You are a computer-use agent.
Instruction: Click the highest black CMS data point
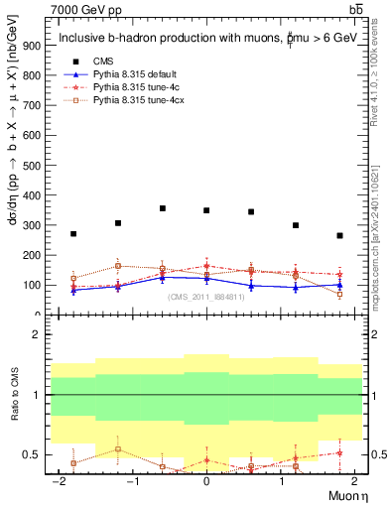pyautogui.click(x=163, y=208)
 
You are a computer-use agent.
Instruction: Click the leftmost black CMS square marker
pyautogui.click(x=73, y=234)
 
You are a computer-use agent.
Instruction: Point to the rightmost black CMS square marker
pyautogui.click(x=339, y=236)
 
